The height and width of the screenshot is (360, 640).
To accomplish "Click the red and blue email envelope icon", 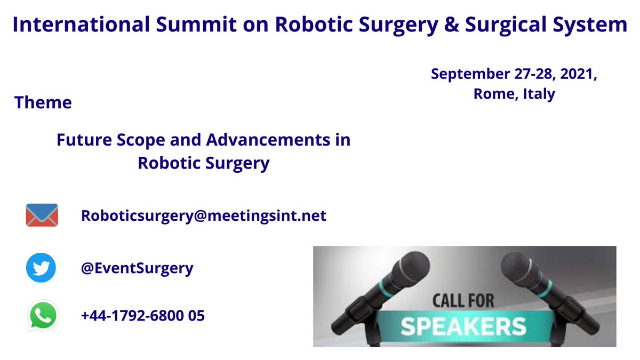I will (42, 215).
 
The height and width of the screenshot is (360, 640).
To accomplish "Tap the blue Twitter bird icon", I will (41, 268).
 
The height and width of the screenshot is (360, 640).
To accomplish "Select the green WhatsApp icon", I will (42, 315).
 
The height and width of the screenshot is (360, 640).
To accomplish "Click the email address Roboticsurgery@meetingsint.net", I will (203, 215).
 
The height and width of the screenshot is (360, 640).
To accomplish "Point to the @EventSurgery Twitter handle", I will (137, 268).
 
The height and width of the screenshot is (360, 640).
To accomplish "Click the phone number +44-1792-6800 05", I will (142, 315).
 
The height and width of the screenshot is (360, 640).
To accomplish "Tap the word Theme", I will (43, 102).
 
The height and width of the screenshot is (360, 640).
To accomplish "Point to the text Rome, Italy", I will (514, 94).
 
